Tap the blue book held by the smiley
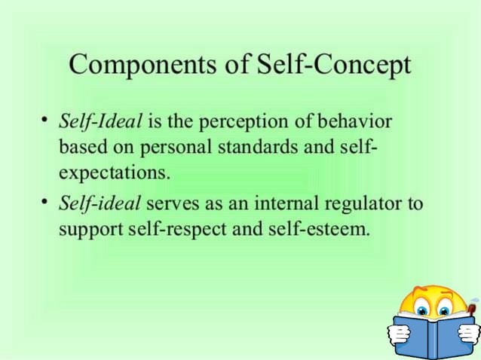[x=434, y=337]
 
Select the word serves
[x=172, y=204]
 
